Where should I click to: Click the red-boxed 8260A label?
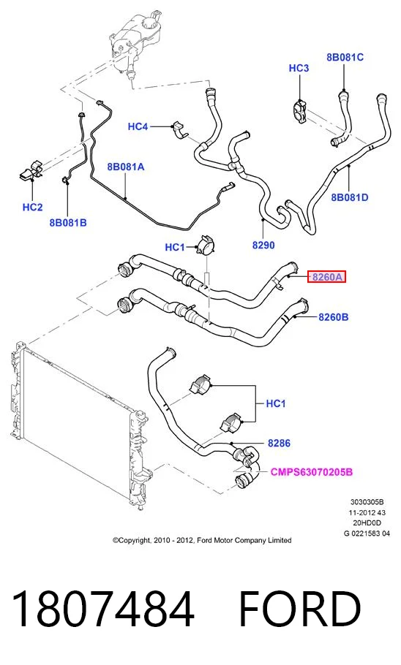(x=326, y=278)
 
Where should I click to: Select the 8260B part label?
(x=334, y=317)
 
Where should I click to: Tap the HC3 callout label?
(x=299, y=68)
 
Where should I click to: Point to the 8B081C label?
(x=345, y=57)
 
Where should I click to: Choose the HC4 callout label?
(x=138, y=126)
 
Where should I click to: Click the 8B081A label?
(x=126, y=167)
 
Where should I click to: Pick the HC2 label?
(x=33, y=208)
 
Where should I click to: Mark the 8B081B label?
(x=68, y=223)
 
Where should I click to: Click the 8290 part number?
(x=263, y=245)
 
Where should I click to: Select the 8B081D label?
(x=350, y=197)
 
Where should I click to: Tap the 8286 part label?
(x=279, y=443)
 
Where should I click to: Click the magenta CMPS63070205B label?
(x=312, y=472)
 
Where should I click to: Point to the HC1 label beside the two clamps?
(x=276, y=403)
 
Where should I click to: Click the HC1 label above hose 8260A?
(x=175, y=247)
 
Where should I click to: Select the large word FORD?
(x=300, y=609)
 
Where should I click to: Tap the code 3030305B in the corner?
(x=367, y=503)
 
